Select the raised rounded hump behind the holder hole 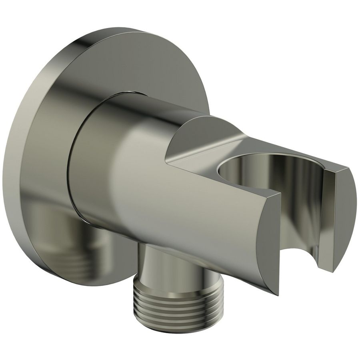200,132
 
